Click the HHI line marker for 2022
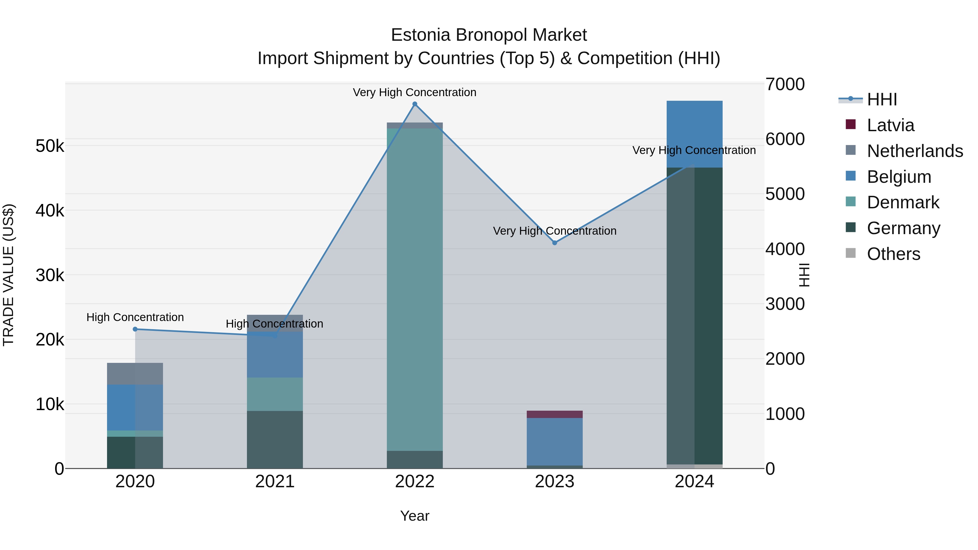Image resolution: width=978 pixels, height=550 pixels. pyautogui.click(x=415, y=104)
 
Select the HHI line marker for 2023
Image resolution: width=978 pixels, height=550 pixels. pyautogui.click(x=555, y=243)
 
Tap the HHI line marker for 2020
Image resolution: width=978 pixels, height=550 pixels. pyautogui.click(x=135, y=329)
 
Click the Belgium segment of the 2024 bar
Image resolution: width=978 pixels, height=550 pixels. pyautogui.click(x=694, y=134)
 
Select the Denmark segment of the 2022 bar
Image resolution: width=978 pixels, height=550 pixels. pyautogui.click(x=415, y=288)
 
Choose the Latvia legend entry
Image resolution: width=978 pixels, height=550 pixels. pyautogui.click(x=890, y=125)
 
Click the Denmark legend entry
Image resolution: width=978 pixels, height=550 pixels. pyautogui.click(x=903, y=202)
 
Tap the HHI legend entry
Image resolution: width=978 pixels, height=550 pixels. pyautogui.click(x=882, y=99)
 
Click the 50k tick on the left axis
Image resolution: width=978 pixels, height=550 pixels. pyautogui.click(x=50, y=146)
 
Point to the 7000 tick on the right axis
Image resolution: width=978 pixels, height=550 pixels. pyautogui.click(x=785, y=84)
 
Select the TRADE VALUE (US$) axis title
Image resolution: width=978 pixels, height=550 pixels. pyautogui.click(x=8, y=275)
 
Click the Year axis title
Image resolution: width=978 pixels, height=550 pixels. pyautogui.click(x=415, y=516)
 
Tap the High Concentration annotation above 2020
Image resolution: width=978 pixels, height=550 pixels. pyautogui.click(x=135, y=317)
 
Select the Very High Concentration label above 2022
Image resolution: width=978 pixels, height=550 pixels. pyautogui.click(x=415, y=92)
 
